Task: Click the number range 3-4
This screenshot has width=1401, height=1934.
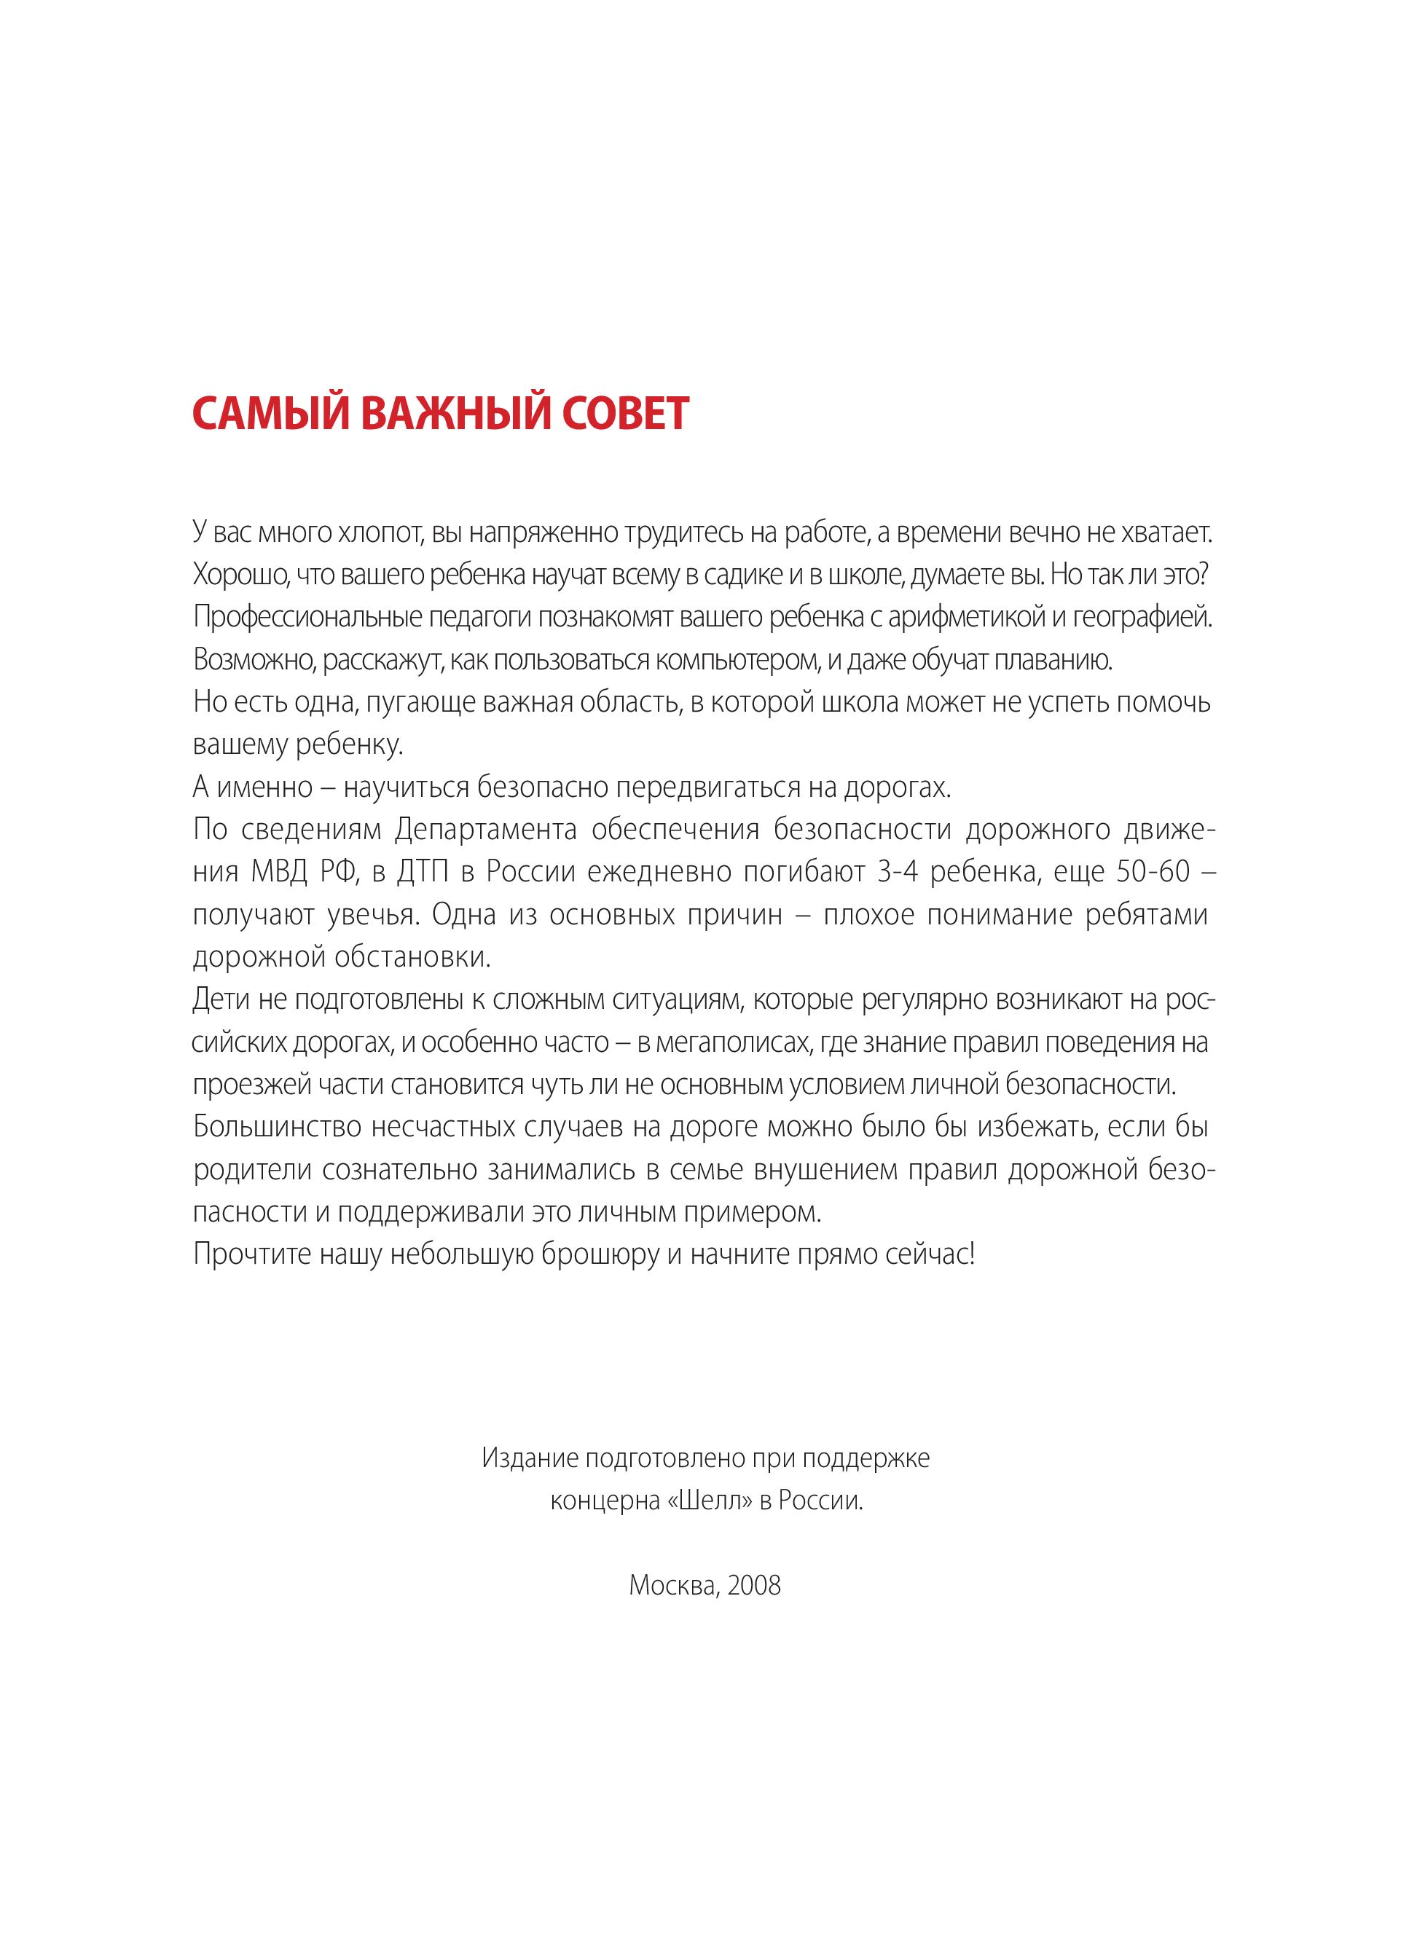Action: (x=896, y=873)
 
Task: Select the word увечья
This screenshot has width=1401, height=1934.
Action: (x=372, y=915)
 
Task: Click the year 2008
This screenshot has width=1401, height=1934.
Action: (x=755, y=1586)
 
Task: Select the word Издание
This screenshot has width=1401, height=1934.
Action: (x=527, y=1458)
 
